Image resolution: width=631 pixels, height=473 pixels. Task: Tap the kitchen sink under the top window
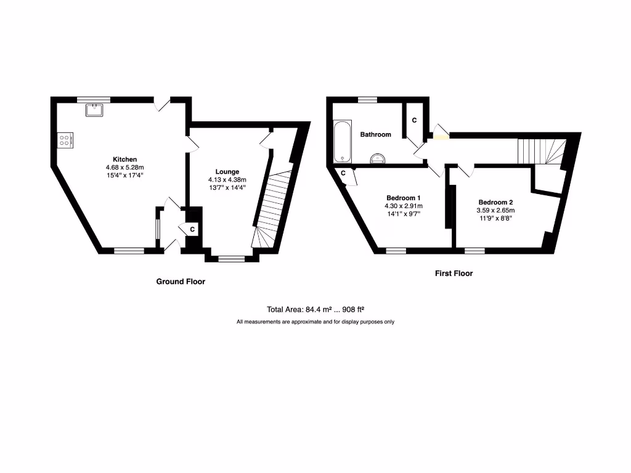click(94, 110)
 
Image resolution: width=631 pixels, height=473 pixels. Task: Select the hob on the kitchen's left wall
click(65, 140)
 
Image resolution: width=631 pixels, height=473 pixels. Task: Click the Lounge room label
click(227, 171)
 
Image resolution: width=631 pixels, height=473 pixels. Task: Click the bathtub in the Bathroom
click(340, 141)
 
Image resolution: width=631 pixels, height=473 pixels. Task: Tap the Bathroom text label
click(375, 134)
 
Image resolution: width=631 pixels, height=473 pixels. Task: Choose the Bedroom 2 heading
click(495, 202)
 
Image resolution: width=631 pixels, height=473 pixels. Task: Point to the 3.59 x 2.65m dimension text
click(495, 210)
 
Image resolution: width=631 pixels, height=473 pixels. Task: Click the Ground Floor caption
click(180, 281)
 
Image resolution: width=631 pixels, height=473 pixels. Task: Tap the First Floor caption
click(454, 273)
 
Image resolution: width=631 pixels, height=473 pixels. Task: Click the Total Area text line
click(318, 310)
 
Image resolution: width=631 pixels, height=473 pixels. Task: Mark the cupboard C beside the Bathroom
click(414, 120)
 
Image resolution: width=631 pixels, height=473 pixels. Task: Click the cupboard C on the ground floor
click(192, 230)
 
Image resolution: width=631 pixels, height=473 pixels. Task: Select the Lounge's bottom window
click(231, 259)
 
